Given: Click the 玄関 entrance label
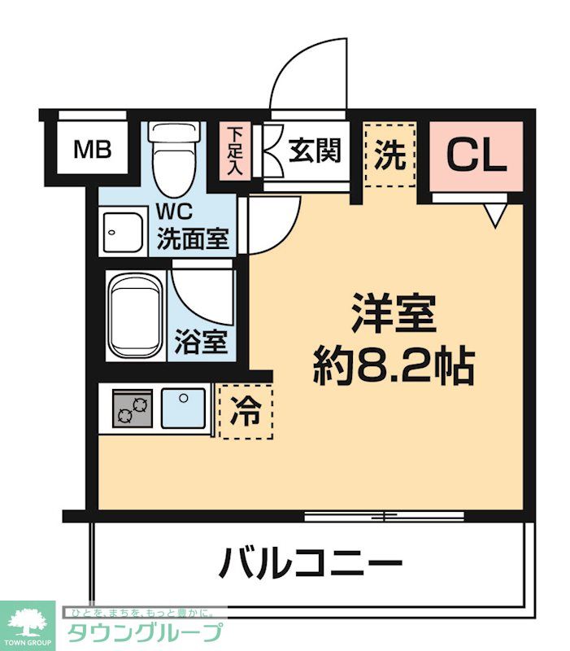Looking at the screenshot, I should pyautogui.click(x=314, y=151).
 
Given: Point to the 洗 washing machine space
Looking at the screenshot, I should pyautogui.click(x=389, y=155).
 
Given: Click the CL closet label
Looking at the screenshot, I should pyautogui.click(x=475, y=155).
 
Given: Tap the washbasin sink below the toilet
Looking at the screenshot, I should pyautogui.click(x=122, y=233).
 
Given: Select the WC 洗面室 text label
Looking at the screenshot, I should pyautogui.click(x=192, y=227).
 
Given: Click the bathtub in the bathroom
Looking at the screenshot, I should pyautogui.click(x=135, y=317).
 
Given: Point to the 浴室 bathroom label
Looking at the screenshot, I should pyautogui.click(x=201, y=343).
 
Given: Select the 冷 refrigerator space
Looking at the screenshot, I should pyautogui.click(x=246, y=411).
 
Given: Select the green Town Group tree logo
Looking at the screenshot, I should pyautogui.click(x=27, y=623).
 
